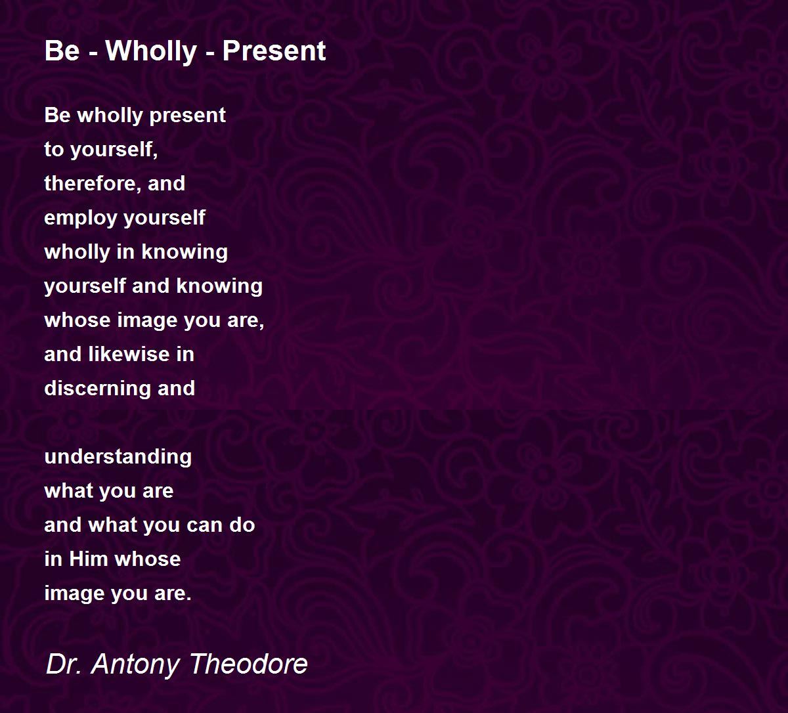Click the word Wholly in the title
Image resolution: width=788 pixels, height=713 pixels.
[x=151, y=51]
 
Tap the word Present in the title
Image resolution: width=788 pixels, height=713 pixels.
[x=274, y=51]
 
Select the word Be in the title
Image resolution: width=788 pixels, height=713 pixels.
[x=62, y=51]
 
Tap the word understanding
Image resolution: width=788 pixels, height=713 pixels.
[x=118, y=457]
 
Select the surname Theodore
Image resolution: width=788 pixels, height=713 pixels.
[x=249, y=664]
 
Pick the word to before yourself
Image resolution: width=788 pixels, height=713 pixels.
[x=54, y=150]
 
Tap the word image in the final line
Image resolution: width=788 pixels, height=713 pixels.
[x=75, y=594]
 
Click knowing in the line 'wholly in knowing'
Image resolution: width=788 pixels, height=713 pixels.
[x=185, y=252]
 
